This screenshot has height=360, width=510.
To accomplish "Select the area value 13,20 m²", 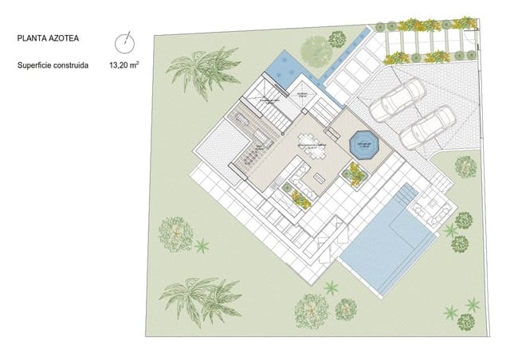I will pyautogui.click(x=127, y=66).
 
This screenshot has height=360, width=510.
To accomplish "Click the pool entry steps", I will pyautogui.click(x=406, y=198).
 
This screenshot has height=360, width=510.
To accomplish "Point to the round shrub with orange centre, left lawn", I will pyautogui.click(x=175, y=233).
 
